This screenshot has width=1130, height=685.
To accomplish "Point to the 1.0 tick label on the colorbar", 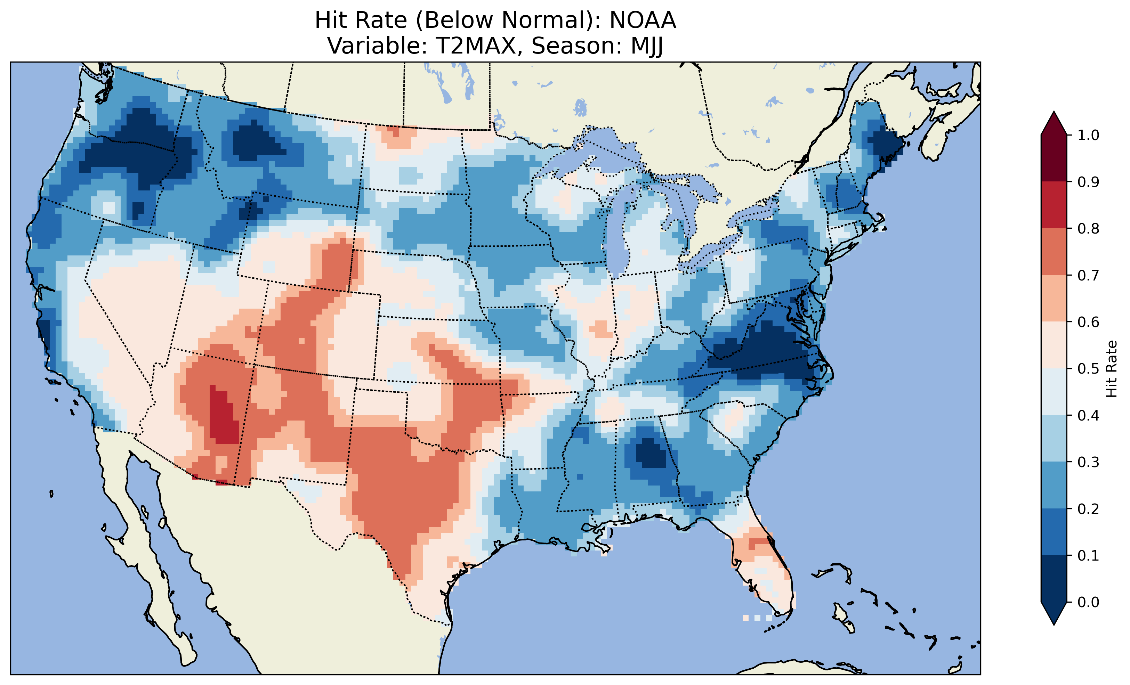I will [x=1088, y=135].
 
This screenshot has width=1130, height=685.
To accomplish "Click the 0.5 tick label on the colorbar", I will [x=1088, y=369].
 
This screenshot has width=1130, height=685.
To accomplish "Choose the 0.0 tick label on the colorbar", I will [x=1088, y=602].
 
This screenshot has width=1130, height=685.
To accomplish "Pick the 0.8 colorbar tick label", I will [x=1088, y=228].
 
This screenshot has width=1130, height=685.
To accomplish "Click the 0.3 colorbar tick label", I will [x=1088, y=462].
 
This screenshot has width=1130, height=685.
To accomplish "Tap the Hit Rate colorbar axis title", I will [x=1111, y=369].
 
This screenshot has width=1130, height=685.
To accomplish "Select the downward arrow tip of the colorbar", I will [x=1054, y=622].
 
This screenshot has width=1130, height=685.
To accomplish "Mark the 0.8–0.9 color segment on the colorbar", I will [x=1054, y=204].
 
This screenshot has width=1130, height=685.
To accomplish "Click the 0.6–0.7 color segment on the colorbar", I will [x=1054, y=298].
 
